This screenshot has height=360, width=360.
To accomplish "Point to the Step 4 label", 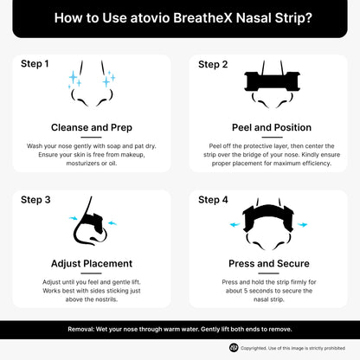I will click(213, 200).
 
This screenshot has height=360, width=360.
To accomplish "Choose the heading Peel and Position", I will click(267, 127).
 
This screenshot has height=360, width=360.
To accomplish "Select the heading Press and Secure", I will click(267, 263).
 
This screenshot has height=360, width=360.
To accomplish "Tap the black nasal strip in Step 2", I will click(267, 82).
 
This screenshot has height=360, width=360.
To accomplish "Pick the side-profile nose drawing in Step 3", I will click(90, 227).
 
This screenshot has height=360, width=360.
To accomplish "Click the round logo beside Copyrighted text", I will click(234, 347).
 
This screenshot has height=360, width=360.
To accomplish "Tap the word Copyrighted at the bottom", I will click(259, 347).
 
